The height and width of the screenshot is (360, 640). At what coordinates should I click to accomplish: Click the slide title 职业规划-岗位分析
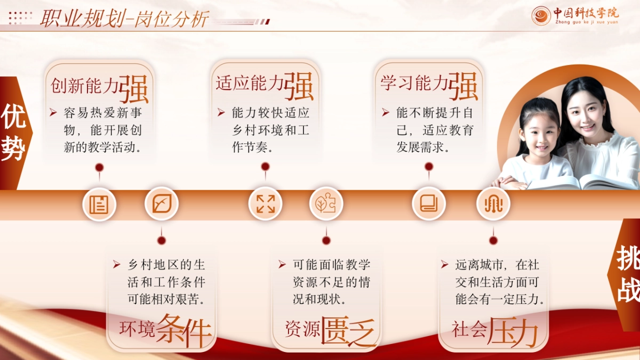[x=124, y=19]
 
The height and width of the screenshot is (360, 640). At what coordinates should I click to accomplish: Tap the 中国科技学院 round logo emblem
[x=541, y=15]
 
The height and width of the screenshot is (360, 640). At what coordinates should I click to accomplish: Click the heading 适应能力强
[x=265, y=85]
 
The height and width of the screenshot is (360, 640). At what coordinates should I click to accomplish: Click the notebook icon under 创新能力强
[x=99, y=204]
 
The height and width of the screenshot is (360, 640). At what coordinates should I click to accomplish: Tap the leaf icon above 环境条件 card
[x=162, y=204]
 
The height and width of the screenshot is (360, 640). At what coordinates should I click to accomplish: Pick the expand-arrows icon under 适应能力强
[x=265, y=204]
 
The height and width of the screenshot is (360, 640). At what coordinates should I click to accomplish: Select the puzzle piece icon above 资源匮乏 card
[x=326, y=204]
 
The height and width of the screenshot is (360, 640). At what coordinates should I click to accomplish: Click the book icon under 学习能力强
[x=429, y=204]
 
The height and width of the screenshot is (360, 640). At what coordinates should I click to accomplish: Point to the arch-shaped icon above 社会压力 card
[x=493, y=204]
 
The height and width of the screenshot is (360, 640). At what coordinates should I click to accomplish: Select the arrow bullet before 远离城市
[x=444, y=264]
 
